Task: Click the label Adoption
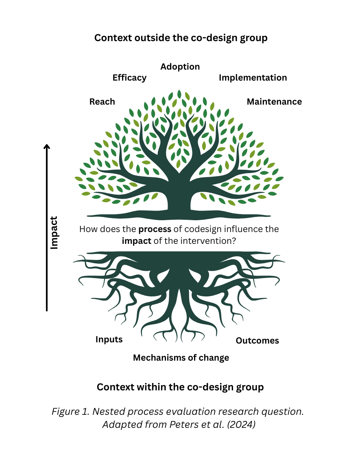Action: pyautogui.click(x=180, y=67)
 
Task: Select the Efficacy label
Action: pyautogui.click(x=129, y=78)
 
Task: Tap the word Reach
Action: pyautogui.click(x=102, y=102)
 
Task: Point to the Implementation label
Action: pyautogui.click(x=253, y=78)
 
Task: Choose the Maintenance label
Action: pyautogui.click(x=274, y=102)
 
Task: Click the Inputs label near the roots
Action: pyautogui.click(x=109, y=339)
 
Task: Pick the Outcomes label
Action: pyautogui.click(x=257, y=341)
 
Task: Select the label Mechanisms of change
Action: pyautogui.click(x=181, y=358)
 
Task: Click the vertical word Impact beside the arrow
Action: pyautogui.click(x=54, y=233)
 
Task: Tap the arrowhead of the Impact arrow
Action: pyautogui.click(x=47, y=147)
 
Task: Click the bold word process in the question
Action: pyautogui.click(x=155, y=230)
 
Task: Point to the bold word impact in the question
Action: pyautogui.click(x=136, y=241)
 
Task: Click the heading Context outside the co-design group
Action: pyautogui.click(x=181, y=38)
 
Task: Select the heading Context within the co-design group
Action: pyautogui.click(x=180, y=387)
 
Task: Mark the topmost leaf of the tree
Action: pyautogui.click(x=179, y=94)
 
